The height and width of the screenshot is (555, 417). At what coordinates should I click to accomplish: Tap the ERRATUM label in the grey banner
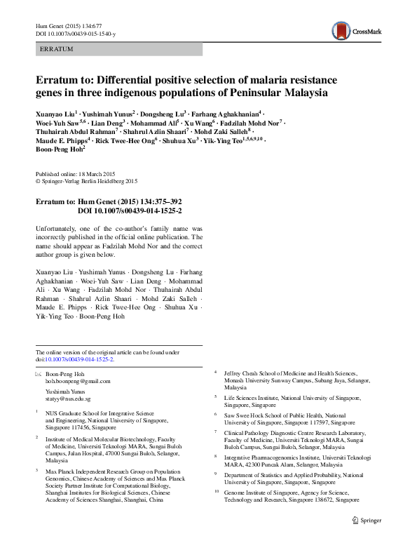(57, 49)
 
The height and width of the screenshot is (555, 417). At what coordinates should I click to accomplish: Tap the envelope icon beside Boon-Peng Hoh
(38, 373)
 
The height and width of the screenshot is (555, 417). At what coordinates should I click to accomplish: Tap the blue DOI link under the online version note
(79, 359)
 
